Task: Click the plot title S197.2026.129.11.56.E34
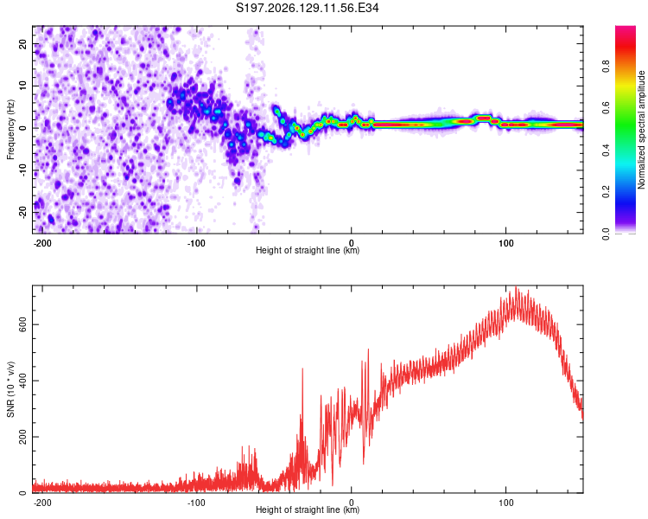[307, 8]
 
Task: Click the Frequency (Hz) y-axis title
[10, 130]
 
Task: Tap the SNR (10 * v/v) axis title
[10, 389]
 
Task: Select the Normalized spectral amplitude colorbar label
[641, 130]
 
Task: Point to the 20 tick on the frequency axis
[22, 43]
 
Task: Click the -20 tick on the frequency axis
[22, 212]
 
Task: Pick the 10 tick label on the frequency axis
[22, 86]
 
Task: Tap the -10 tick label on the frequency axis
[22, 170]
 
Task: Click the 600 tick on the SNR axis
[22, 324]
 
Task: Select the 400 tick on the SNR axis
[22, 381]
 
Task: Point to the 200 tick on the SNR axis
[22, 437]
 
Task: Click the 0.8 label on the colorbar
[606, 67]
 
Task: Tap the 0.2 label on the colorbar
[606, 192]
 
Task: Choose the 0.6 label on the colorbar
[606, 108]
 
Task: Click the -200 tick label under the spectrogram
[41, 243]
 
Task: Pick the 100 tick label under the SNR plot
[505, 503]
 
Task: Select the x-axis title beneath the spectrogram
[308, 250]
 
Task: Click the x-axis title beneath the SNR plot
[308, 509]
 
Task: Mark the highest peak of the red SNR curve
[516, 286]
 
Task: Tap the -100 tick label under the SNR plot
[196, 503]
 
